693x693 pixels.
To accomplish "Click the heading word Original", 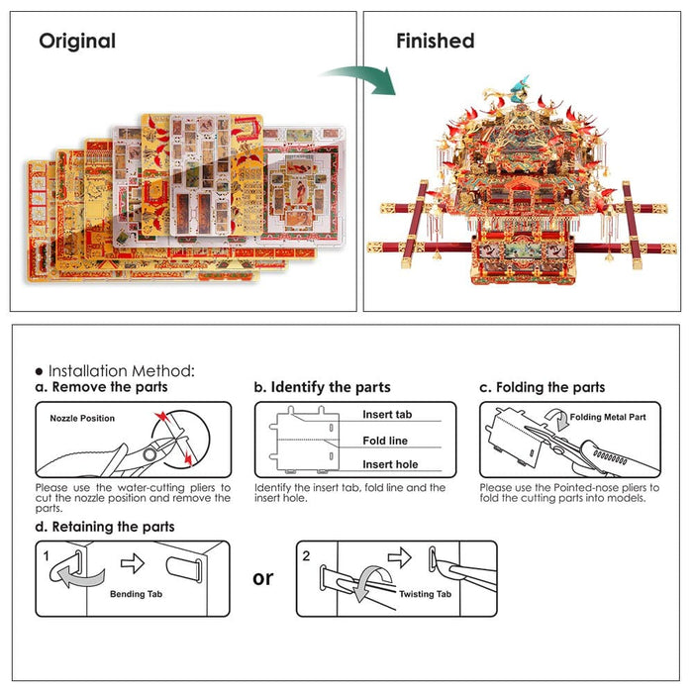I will pyautogui.click(x=77, y=42).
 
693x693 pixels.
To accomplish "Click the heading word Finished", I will pyautogui.click(x=435, y=42).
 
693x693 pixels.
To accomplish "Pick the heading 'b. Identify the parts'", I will pyautogui.click(x=322, y=387).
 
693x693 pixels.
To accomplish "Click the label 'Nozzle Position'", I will pyautogui.click(x=82, y=419).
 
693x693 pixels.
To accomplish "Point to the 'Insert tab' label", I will pyautogui.click(x=387, y=415).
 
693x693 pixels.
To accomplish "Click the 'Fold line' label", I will pyautogui.click(x=385, y=441).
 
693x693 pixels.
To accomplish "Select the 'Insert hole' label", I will pyautogui.click(x=389, y=464).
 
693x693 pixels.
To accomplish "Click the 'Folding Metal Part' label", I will pyautogui.click(x=608, y=418).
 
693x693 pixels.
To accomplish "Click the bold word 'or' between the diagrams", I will pyautogui.click(x=262, y=577).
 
